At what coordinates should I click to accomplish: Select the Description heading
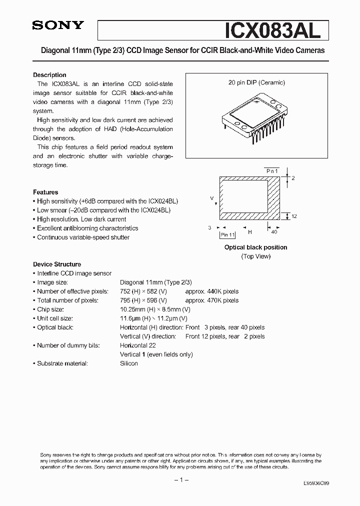[x=49, y=75]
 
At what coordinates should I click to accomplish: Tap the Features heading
[x=45, y=192]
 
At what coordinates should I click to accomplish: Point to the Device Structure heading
[x=57, y=264]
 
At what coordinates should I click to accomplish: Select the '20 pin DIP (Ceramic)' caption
[x=256, y=83]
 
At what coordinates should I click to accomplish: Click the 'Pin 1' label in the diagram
[x=272, y=171]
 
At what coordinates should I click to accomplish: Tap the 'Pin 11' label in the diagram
[x=228, y=234]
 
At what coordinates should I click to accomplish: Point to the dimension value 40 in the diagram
[x=274, y=232]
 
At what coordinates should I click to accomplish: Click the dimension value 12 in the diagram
[x=294, y=216]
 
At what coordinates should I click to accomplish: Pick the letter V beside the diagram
[x=211, y=198]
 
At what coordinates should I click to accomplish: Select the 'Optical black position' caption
[x=255, y=247]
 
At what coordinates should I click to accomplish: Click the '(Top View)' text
[x=255, y=256]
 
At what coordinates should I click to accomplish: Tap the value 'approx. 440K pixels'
[x=211, y=291]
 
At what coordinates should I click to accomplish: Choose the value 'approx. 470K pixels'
[x=211, y=300]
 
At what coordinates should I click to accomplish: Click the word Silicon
[x=129, y=363]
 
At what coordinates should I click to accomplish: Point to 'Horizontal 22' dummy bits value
[x=138, y=345]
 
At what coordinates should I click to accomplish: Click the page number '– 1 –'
[x=180, y=479]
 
